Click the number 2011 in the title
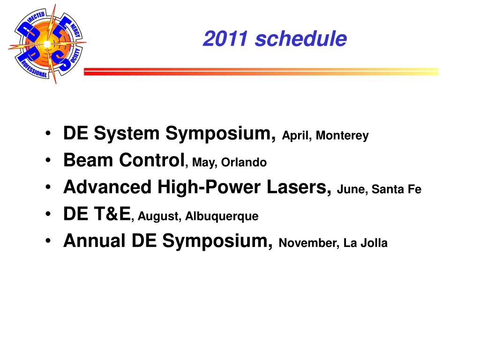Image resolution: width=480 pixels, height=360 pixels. coord(225,39)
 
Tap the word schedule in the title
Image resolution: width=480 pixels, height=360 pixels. coord(301,39)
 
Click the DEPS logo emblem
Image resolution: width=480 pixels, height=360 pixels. coord(47,44)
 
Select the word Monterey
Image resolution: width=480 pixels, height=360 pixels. coord(342,135)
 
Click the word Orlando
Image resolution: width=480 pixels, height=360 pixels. coord(244,162)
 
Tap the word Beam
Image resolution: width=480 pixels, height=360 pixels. coord(88,160)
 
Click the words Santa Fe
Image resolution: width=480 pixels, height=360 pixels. coord(397,189)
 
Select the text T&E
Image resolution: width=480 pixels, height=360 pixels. coord(112,214)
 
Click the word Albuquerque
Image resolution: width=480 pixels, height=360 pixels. coord(222,217)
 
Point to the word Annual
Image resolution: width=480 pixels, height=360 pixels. coord(94,240)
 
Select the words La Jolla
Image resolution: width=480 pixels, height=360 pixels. coord(366,243)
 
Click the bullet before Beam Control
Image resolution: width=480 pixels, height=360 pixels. coord(48,160)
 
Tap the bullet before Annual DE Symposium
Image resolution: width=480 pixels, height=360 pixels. coord(48,241)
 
